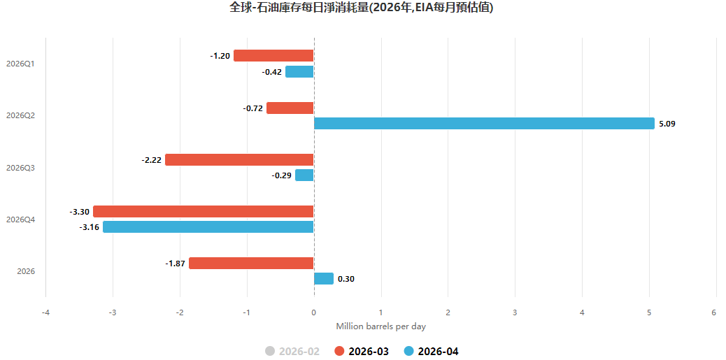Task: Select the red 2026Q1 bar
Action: [273, 56]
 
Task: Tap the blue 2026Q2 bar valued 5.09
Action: [484, 124]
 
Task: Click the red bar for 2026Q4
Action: [204, 211]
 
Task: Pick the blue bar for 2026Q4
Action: [208, 227]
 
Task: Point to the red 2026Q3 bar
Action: [239, 159]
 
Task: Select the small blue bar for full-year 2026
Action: [323, 278]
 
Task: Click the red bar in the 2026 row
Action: [251, 263]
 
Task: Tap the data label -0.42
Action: [272, 72]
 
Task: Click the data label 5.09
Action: [667, 124]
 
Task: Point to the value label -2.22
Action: [151, 160]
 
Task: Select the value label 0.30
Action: [346, 279]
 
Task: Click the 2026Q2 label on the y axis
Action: [20, 115]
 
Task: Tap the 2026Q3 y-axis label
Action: [20, 168]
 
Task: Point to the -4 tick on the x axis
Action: [45, 312]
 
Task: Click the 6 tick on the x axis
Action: [714, 312]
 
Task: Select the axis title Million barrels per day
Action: [380, 326]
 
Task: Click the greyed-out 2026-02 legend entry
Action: [292, 351]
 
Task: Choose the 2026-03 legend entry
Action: [361, 351]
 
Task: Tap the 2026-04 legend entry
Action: [430, 351]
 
